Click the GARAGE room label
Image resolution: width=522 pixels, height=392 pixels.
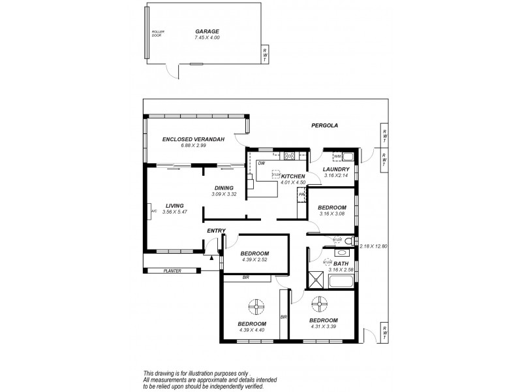coord(207,31)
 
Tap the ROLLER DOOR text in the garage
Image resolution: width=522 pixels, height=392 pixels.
coord(157,33)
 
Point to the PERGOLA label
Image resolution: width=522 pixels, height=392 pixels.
coord(323,125)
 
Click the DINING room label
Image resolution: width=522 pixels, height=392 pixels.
coord(223,188)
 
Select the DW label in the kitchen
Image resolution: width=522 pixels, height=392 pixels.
coord(261,163)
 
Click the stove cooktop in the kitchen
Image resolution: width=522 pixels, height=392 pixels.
coord(289,155)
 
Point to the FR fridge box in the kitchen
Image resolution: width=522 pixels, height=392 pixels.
coord(301,195)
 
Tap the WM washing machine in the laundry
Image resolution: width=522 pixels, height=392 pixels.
coord(337,157)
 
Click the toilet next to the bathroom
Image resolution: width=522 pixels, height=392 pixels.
coord(349,242)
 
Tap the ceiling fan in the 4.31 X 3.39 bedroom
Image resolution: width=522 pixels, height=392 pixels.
coord(320,304)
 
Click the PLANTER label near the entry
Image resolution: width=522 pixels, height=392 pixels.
coord(172,270)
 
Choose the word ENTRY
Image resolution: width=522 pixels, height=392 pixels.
coord(216,231)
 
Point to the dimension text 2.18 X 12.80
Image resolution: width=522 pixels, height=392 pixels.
coord(373,246)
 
